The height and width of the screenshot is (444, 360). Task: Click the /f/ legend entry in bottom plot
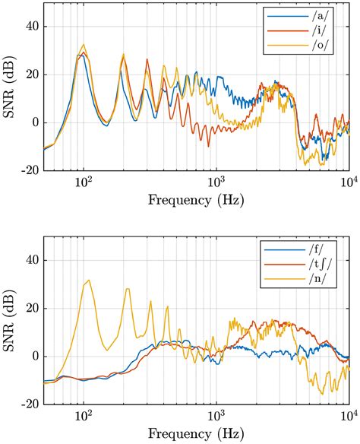click(305, 248)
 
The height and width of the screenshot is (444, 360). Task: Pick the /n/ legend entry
click(305, 281)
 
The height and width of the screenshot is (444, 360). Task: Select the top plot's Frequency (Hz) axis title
click(196, 202)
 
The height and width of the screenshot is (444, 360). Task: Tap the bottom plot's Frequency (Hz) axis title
click(196, 436)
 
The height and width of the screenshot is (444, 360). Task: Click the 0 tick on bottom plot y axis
click(30, 356)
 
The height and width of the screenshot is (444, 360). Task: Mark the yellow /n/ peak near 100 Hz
click(88, 281)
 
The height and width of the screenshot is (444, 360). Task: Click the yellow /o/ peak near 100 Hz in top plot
click(84, 45)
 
